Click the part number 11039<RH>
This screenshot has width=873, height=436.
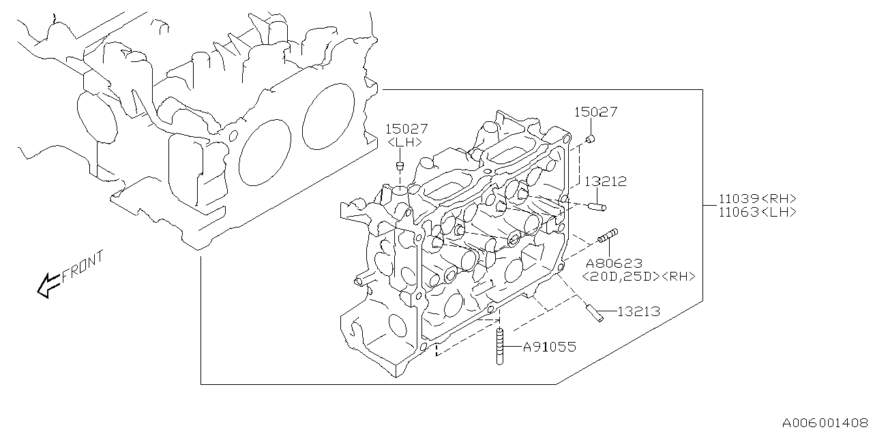coord(757,199)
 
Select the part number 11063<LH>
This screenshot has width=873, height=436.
coord(757,212)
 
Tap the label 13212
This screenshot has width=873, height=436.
coord(605,182)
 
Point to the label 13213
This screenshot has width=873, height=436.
coord(638,311)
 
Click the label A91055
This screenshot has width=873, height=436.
coord(549,347)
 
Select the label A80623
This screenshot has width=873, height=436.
coord(613,263)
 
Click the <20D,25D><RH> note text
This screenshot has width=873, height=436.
coord(638,276)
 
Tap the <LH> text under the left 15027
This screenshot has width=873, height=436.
coord(405,142)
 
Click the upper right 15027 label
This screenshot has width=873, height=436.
coord(595,112)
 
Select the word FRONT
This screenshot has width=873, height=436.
coord(83,266)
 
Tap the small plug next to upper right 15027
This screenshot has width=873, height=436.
coord(591,140)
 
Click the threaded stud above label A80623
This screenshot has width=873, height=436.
coord(608,236)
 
